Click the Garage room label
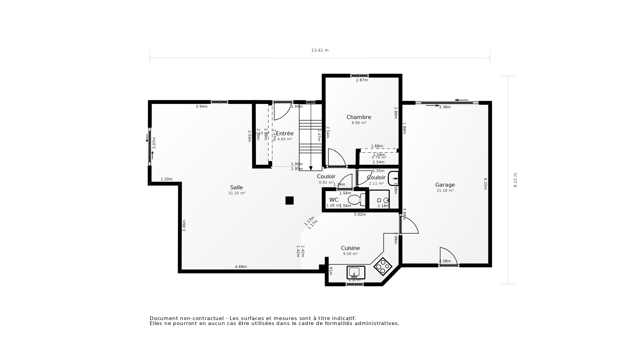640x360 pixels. (445, 185)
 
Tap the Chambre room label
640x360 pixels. (359, 117)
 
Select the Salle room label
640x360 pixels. (236, 187)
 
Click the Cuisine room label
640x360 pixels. (350, 248)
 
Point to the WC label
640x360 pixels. (334, 200)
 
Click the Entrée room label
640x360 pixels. (285, 133)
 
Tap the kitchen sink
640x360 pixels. (356, 272)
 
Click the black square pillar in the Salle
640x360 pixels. (289, 200)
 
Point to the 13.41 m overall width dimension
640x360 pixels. (320, 50)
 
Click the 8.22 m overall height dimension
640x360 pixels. (515, 180)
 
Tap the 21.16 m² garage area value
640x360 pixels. (445, 191)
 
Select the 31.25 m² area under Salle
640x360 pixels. (237, 193)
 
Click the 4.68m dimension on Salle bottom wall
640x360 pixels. (241, 267)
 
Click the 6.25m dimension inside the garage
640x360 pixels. (486, 184)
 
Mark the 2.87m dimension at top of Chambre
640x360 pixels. (362, 80)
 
